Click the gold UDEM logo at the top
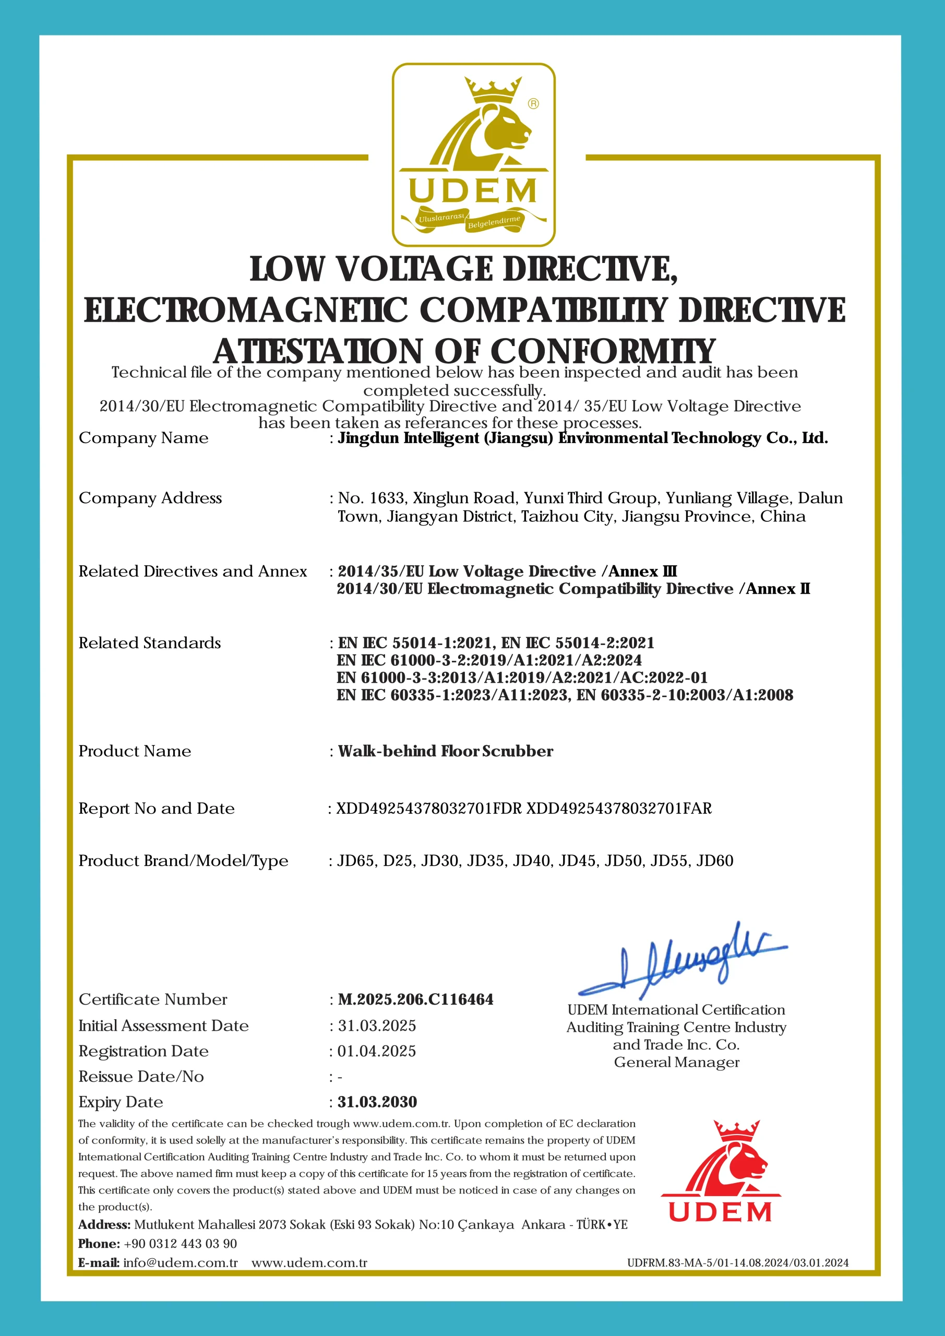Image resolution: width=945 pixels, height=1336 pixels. pos(473,155)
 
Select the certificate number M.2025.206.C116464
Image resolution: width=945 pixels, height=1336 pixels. pos(415,999)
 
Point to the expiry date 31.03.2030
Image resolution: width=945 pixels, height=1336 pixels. pos(377,1102)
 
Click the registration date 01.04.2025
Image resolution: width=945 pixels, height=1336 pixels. pos(377,1051)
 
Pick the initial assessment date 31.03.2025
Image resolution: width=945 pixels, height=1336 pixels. pos(377,1025)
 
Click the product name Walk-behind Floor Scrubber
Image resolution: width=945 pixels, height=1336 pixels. pos(446,750)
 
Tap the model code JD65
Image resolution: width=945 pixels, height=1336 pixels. pos(355,861)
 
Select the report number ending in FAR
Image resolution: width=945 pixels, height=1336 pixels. pos(618,808)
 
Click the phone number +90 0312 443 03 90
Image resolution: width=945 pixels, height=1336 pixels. pos(181,1244)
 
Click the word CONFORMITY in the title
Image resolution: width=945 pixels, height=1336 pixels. pos(603,351)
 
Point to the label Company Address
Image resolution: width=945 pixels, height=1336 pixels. pos(150,498)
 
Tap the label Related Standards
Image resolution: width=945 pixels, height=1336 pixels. pos(150,643)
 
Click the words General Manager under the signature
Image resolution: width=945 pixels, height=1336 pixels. pos(676,1062)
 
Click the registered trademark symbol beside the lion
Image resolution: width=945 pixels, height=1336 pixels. pos(533,103)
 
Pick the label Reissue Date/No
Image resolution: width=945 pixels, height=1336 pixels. pos(141,1077)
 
